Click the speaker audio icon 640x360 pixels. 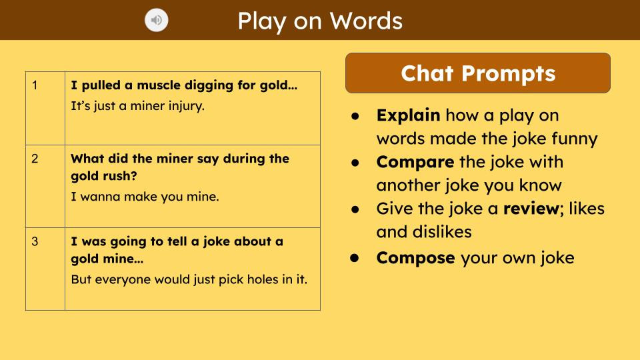point(157,21)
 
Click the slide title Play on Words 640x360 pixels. point(320,21)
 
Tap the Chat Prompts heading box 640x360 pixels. point(477,73)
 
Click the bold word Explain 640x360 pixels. point(408,115)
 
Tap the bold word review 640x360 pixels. point(530,209)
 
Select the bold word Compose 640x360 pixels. point(415,258)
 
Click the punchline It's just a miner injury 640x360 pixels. point(137,105)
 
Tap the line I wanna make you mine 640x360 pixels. point(145,197)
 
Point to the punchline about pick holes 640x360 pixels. point(189,279)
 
